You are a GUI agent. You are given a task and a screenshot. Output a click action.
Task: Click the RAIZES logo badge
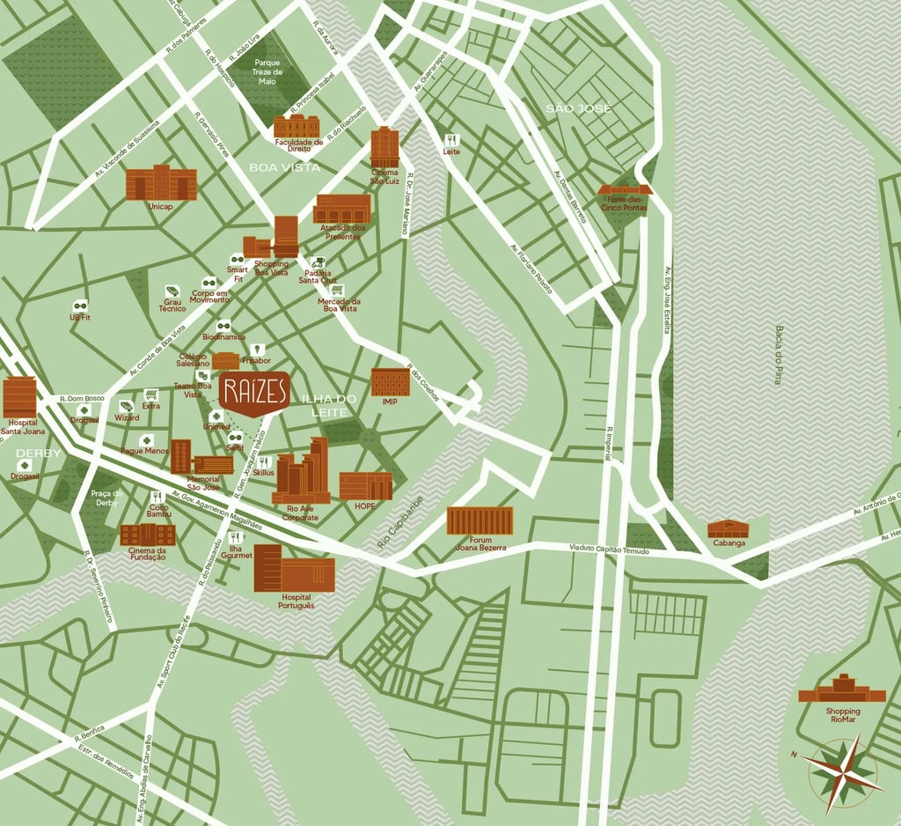point(254,394)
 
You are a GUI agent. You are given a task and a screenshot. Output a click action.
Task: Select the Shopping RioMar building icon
point(842,690)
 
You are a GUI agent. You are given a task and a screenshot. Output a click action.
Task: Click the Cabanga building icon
point(729,528)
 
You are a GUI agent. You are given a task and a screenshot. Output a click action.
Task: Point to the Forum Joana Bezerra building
point(480,520)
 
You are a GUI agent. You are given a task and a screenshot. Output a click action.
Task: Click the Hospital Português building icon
point(294,569)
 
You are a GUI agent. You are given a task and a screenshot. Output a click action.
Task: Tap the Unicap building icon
point(161,183)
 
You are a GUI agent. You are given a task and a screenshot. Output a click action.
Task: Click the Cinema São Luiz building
point(385,146)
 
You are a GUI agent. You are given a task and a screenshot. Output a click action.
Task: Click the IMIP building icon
point(390,382)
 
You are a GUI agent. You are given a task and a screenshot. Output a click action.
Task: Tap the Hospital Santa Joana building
point(19,397)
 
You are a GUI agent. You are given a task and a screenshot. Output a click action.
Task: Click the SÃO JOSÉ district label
point(578,108)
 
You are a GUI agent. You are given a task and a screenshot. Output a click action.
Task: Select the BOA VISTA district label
point(284,167)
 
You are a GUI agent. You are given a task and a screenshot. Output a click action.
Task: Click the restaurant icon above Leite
point(451,139)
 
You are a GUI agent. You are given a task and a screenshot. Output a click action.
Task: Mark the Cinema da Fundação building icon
point(148,534)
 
